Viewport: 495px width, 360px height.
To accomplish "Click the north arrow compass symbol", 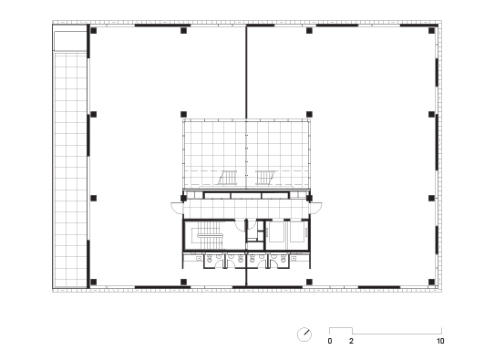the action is tap(304, 334).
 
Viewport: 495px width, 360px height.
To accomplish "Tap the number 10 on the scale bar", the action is tap(440, 341).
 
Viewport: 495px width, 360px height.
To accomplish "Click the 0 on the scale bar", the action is tap(330, 341).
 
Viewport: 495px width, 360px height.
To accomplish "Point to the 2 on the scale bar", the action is tap(351, 341).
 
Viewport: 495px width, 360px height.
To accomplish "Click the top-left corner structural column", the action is tap(94, 31).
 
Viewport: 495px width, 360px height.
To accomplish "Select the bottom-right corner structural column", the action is tap(431, 282).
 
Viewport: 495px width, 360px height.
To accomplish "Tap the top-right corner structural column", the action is tap(431, 31).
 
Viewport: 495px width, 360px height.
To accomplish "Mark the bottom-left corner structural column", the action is tap(94, 282).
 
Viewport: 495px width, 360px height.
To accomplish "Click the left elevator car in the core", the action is tap(276, 231).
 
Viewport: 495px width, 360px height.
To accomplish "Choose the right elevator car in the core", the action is tap(297, 231).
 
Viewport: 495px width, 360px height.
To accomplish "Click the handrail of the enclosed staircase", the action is tap(211, 235).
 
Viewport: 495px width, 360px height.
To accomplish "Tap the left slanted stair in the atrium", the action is tap(228, 178).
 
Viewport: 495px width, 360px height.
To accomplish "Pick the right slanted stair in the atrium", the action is tap(265, 178).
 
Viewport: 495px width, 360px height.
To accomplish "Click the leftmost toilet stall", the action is tap(214, 261).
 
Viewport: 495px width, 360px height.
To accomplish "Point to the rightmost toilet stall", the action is tap(279, 261).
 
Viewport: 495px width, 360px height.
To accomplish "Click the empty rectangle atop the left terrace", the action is tap(70, 41).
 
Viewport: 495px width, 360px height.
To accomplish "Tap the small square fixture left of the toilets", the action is tap(198, 259).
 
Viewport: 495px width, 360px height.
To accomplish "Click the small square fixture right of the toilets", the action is tap(294, 259).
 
